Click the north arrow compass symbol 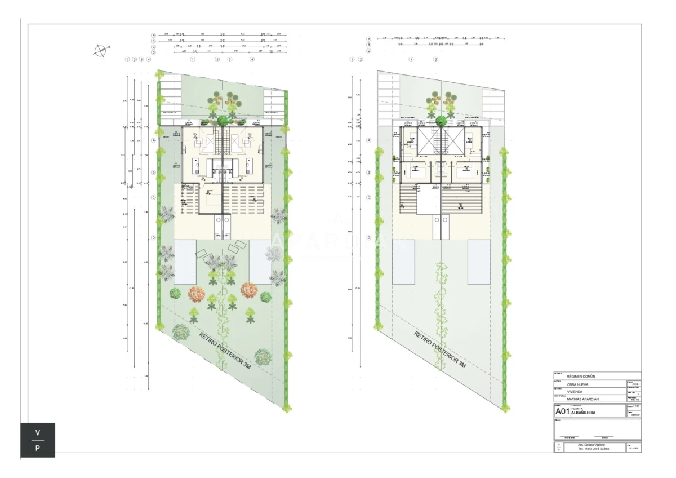100,51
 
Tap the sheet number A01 562,411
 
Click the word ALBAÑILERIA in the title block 584,413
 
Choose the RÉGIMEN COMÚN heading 580,377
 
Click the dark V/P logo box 38,440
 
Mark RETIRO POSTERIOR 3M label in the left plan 225,350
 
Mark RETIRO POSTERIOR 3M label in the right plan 441,350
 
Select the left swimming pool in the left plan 185,262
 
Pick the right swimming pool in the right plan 478,262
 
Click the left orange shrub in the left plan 196,294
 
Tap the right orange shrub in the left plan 249,290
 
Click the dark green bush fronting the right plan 441,120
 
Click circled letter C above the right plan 369,51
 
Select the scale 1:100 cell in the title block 633,406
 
